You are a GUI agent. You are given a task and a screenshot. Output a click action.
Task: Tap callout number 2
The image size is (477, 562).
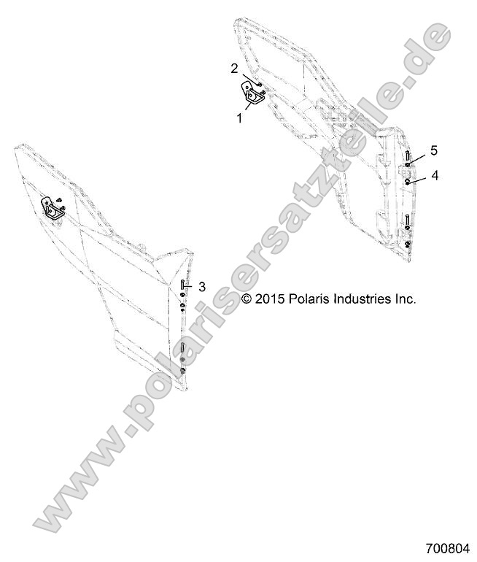[x=234, y=69]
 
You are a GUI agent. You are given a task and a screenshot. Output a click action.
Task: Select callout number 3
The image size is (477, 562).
[x=203, y=287]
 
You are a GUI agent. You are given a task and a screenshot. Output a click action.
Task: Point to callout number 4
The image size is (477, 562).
[x=435, y=175]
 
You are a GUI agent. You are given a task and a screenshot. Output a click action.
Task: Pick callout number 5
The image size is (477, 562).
[x=434, y=150]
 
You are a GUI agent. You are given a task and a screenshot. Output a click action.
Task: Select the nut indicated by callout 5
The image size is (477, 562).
[x=407, y=166]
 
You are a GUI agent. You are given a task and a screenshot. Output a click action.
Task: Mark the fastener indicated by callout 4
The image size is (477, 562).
[x=407, y=179]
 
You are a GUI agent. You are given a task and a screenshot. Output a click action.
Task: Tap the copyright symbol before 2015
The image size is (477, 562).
[x=247, y=299]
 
